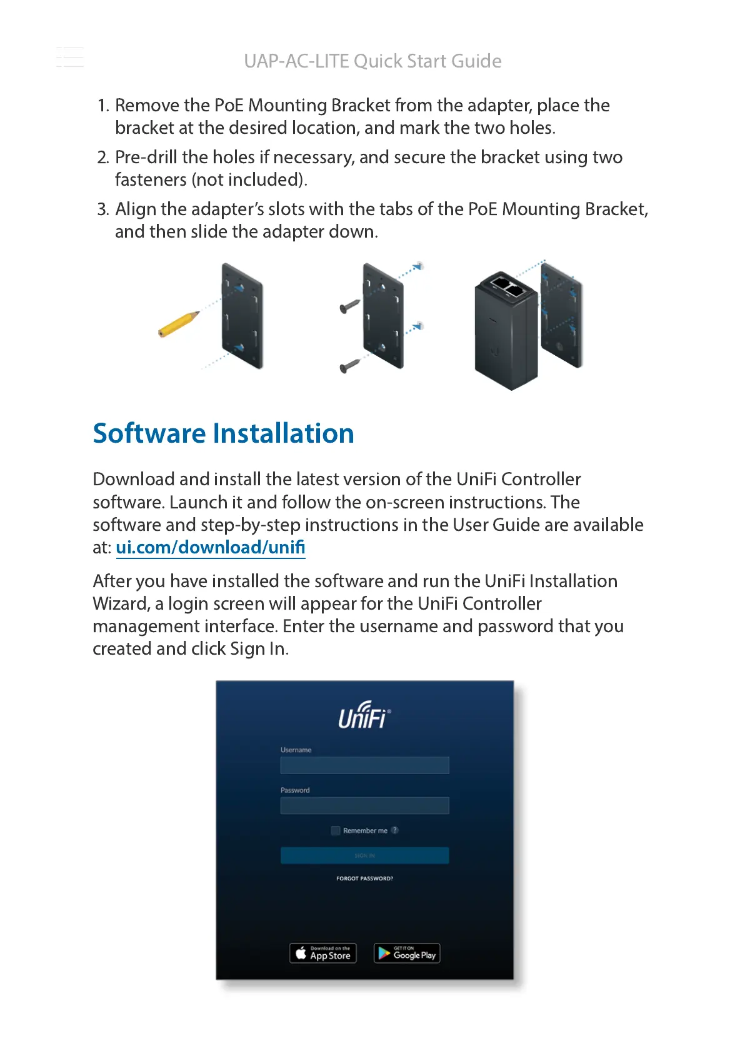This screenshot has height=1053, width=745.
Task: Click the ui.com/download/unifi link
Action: coord(211,547)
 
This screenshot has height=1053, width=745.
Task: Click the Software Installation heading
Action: coord(223,433)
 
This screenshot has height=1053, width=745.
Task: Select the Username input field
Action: coord(364,765)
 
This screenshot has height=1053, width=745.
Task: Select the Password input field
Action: coord(364,805)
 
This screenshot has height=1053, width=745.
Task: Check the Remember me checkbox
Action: coord(336,830)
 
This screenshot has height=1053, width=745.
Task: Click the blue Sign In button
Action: coord(364,855)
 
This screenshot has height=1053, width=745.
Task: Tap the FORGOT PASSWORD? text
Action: coord(364,879)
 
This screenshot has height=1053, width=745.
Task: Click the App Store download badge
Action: coord(323,953)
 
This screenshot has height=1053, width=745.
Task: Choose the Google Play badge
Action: coord(407,953)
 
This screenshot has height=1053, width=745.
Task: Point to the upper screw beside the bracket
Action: coord(349,306)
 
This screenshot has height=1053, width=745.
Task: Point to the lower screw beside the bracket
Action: coord(349,365)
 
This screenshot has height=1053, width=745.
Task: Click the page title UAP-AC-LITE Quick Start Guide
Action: coord(372,61)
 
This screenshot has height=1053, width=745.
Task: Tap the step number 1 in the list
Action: coord(102,106)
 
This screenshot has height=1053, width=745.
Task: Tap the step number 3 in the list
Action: coord(102,209)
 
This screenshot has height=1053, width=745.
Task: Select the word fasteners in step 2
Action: coord(151,180)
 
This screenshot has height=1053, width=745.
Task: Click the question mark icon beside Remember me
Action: coord(395,830)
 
